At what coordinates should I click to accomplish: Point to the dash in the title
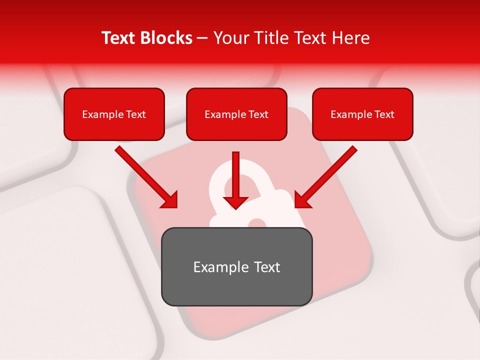pos(202,38)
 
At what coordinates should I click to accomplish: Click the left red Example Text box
pos(114,114)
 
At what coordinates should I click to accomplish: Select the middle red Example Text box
pos(236,114)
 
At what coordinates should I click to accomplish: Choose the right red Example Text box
pos(362,114)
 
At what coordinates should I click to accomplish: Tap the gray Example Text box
pos(236,266)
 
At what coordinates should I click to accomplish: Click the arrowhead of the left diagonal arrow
pos(170,200)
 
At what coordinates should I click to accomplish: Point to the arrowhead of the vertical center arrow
pos(235,202)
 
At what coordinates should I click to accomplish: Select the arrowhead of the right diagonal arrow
pos(302,200)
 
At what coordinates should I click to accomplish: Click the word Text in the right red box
pos(384,114)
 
